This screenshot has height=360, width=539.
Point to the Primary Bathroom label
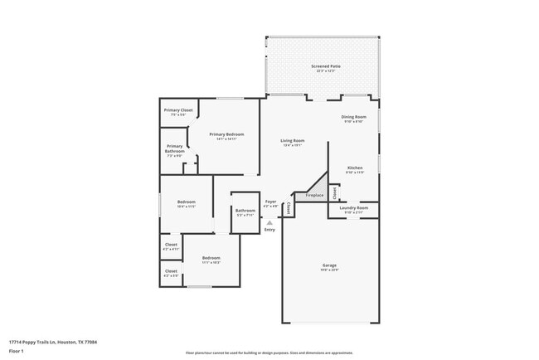coord(174,148)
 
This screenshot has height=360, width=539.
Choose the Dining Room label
coord(353,119)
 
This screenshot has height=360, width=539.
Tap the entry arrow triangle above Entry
coord(269,222)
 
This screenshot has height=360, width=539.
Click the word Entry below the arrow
coord(269,230)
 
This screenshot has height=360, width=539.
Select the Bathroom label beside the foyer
coord(245,212)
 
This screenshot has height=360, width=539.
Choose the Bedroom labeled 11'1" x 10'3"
coord(211,260)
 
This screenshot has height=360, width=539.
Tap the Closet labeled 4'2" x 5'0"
coord(171,272)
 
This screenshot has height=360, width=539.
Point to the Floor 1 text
coord(16,351)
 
